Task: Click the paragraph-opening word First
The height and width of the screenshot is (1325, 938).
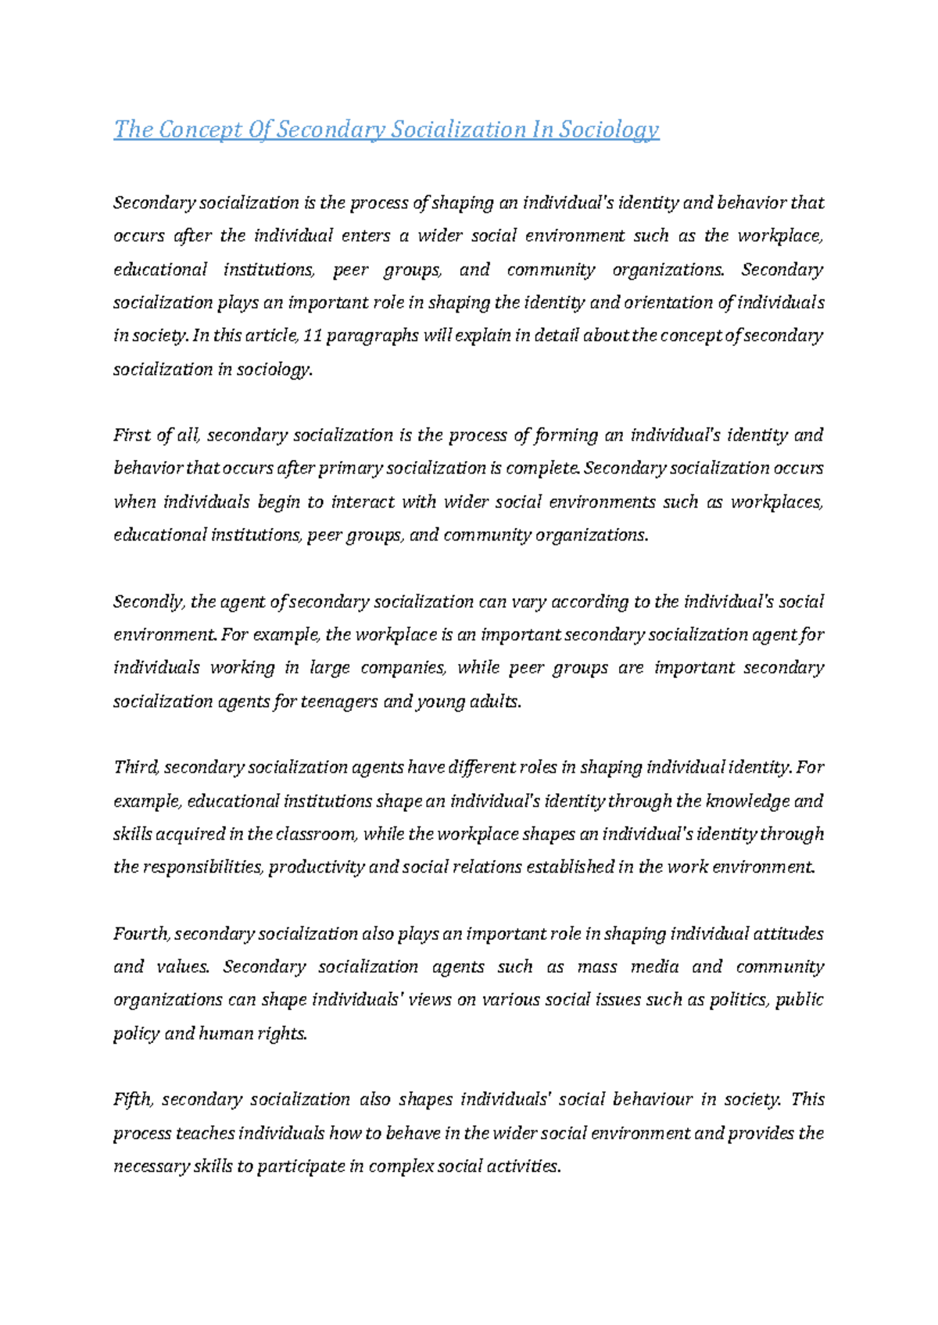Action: point(132,435)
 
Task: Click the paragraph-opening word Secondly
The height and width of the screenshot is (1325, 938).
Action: point(149,602)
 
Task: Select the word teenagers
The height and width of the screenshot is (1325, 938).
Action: point(339,702)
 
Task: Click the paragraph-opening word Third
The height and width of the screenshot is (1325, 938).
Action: point(136,768)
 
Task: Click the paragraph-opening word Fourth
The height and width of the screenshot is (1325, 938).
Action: point(141,934)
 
